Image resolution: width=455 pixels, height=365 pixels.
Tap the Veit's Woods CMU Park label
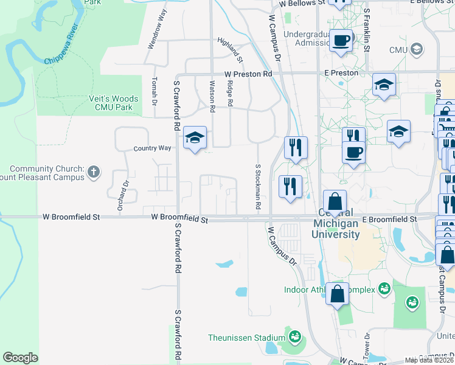pos(116,103)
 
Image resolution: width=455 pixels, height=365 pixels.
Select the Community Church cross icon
pos(94,172)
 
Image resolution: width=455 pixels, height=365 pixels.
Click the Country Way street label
pos(153,148)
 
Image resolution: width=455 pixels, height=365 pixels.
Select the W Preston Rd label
pos(248,74)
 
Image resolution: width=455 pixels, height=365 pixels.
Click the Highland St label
pos(231,50)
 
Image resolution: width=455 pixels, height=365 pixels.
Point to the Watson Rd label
pos(212,97)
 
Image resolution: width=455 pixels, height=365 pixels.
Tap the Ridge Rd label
pos(230,94)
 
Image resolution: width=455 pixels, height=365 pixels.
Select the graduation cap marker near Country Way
pos(195,138)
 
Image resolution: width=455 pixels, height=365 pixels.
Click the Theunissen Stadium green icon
pos(295,337)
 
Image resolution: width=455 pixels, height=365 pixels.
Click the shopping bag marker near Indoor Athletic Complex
pos(337,294)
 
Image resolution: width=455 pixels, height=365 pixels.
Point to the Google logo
pos(20,358)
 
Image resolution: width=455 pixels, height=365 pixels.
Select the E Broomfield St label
pos(389,219)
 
